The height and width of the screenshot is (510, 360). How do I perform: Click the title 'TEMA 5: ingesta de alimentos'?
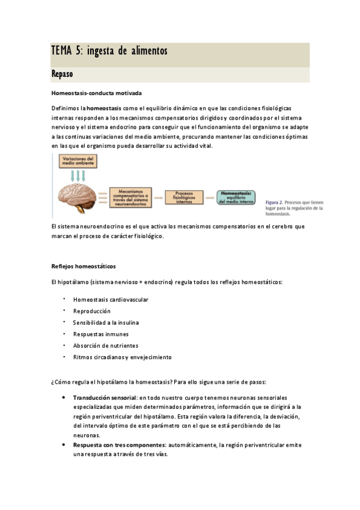(x=109, y=52)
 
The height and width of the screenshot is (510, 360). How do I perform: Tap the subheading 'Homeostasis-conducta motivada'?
(x=97, y=93)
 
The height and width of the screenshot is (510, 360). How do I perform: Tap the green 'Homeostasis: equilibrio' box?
(x=239, y=197)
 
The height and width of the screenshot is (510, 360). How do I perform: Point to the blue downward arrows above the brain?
(x=78, y=176)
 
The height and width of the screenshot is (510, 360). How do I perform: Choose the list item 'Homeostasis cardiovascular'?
(x=111, y=300)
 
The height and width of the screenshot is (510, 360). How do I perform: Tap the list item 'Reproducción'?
(x=92, y=311)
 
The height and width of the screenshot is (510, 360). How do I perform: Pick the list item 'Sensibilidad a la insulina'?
(x=106, y=322)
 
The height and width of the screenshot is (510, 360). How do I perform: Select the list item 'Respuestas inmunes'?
(x=100, y=334)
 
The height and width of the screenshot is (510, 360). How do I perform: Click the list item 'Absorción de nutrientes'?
(x=105, y=345)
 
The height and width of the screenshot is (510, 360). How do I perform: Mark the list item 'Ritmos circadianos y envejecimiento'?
(x=122, y=357)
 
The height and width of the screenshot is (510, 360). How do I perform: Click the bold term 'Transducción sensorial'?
(x=105, y=398)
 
